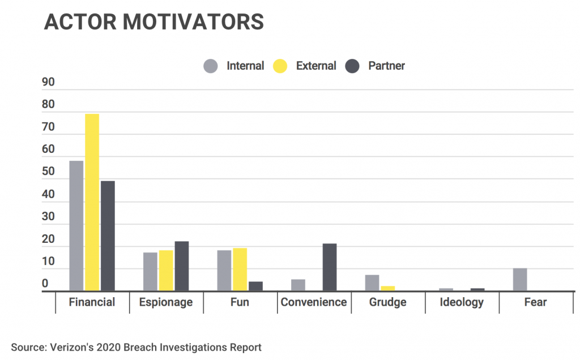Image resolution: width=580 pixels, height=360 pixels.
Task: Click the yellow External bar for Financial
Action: coord(92,203)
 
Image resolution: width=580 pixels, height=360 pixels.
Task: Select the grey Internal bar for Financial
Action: coord(76,226)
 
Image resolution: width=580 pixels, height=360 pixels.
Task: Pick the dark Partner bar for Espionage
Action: coord(181,266)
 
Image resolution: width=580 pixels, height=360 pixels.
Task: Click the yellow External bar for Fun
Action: coord(240,269)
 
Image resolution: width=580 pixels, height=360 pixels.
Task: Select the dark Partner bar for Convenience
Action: coord(329,267)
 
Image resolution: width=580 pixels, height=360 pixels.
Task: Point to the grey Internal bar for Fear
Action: coord(520,280)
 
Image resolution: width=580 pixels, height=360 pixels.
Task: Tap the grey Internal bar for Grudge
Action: coord(372,283)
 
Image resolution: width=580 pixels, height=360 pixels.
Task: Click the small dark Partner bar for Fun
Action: coord(255,286)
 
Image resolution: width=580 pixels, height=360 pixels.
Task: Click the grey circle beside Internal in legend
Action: coord(211,66)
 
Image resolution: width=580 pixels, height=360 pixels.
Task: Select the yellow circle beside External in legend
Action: coord(280,66)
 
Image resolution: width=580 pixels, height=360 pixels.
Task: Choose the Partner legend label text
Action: coord(386,66)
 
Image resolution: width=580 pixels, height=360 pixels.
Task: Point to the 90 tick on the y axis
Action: coord(49,83)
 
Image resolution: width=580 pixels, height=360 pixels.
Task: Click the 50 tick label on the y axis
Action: coord(49,172)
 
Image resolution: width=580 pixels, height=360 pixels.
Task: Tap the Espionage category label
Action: coord(166,302)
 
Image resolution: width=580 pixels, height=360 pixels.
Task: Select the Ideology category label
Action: coord(462,302)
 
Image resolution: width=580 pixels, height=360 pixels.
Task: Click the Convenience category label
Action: coord(314,302)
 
